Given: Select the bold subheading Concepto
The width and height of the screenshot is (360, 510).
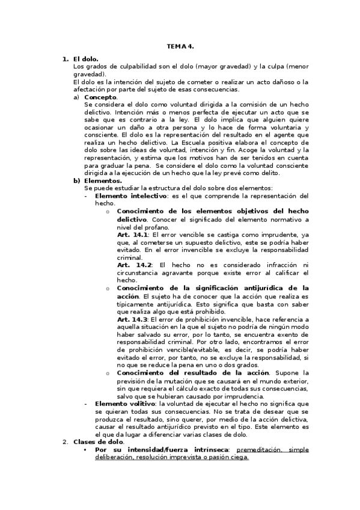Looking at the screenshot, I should coord(101,96).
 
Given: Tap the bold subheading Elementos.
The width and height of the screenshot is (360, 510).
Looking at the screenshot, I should coord(103,180).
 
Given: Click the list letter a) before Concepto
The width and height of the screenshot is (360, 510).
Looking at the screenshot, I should coord(76,96).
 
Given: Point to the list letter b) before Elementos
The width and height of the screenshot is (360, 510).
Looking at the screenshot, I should coord(76,180).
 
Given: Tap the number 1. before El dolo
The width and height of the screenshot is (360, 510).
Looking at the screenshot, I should coord(66,59).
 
